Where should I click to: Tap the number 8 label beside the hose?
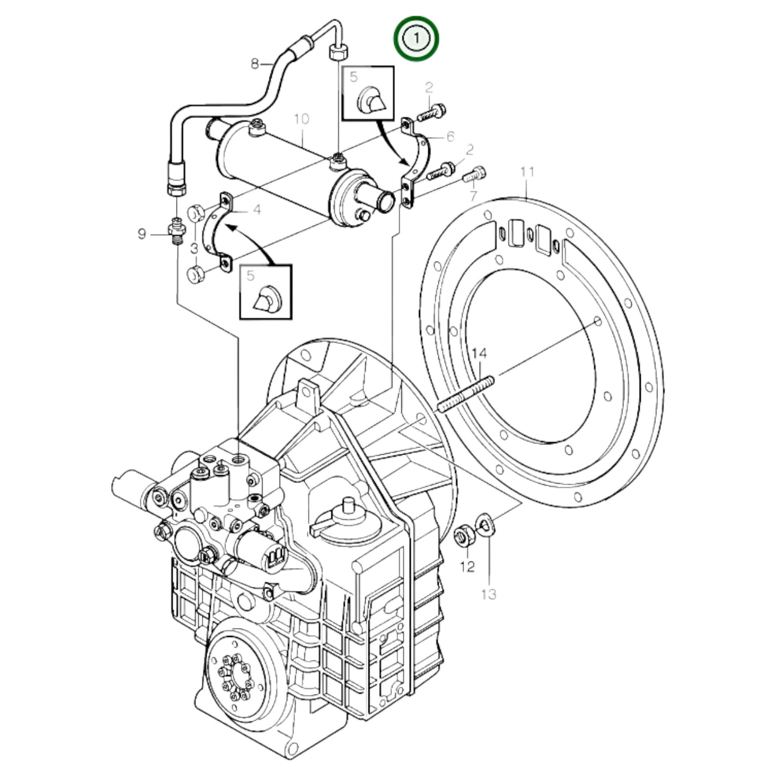pyautogui.click(x=256, y=64)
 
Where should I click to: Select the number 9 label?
pyautogui.click(x=142, y=234)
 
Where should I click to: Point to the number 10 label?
pyautogui.click(x=302, y=118)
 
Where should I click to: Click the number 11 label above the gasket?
pyautogui.click(x=527, y=172)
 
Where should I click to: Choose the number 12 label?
pyautogui.click(x=467, y=565)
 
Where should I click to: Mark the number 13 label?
pyautogui.click(x=489, y=594)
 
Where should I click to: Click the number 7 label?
pyautogui.click(x=473, y=195)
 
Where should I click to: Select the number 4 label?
pyautogui.click(x=257, y=209)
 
